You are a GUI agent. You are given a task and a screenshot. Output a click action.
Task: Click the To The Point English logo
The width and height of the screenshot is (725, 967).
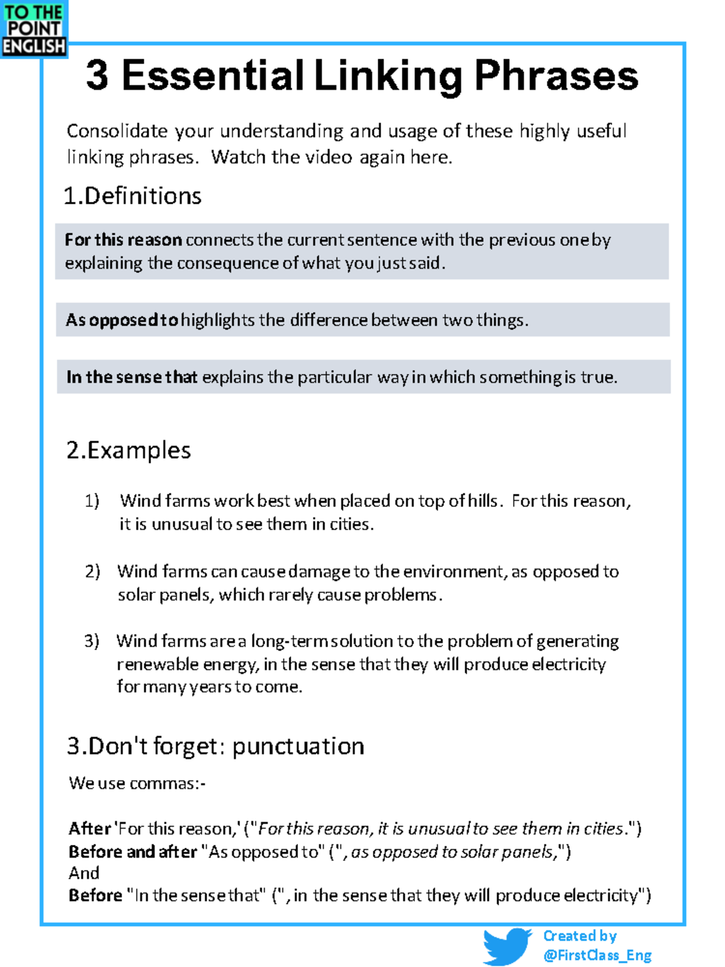click(x=34, y=29)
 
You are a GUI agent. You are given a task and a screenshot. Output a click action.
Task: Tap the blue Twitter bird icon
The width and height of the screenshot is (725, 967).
click(x=506, y=946)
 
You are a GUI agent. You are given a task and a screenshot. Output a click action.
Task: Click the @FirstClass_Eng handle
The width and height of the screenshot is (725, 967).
click(x=597, y=956)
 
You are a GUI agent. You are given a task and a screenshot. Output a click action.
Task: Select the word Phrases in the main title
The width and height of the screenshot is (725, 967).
click(x=556, y=76)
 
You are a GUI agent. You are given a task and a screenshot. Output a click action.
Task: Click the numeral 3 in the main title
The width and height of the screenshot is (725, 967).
click(x=97, y=76)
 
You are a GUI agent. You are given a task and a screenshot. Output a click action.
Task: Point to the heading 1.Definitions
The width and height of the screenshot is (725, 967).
click(x=132, y=196)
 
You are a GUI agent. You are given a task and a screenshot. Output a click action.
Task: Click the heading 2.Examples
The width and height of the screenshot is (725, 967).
click(x=129, y=450)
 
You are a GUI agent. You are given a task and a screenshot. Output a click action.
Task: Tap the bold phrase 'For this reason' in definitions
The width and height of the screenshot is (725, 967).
click(x=123, y=240)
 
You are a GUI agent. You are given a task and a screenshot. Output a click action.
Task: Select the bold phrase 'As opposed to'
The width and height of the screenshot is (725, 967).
click(x=122, y=320)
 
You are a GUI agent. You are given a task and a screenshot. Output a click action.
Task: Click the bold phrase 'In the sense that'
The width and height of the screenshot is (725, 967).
click(x=132, y=377)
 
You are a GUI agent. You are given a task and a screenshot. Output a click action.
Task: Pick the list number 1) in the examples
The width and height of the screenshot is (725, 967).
click(x=92, y=501)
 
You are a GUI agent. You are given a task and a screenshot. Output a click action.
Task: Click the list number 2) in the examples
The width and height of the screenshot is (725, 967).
click(x=92, y=571)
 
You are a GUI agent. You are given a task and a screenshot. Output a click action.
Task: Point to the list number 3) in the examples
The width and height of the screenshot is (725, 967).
click(x=91, y=641)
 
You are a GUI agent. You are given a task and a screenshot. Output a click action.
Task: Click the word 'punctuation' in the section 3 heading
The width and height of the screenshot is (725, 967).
click(x=298, y=746)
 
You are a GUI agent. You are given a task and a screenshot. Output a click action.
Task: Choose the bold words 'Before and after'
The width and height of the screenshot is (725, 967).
click(x=133, y=852)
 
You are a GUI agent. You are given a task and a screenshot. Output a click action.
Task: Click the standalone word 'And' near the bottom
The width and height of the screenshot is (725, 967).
click(x=84, y=873)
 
